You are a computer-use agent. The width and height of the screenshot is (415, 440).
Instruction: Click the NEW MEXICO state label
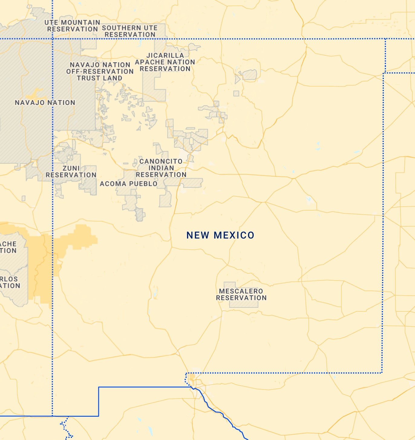(x=220, y=235)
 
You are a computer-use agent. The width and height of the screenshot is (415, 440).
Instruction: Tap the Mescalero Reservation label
(x=241, y=294)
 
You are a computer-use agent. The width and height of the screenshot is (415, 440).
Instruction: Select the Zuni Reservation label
(x=71, y=172)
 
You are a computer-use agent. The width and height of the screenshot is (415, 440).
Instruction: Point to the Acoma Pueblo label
(x=129, y=184)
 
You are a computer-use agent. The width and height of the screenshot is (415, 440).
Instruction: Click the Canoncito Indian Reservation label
(x=161, y=168)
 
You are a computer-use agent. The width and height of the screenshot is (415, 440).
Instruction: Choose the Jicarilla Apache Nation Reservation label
(x=165, y=62)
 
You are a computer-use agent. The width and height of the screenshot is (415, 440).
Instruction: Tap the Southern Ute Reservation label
(x=130, y=31)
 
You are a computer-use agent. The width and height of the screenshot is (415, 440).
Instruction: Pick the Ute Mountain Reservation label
(x=72, y=26)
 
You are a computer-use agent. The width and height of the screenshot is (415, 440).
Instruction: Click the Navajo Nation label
(x=45, y=103)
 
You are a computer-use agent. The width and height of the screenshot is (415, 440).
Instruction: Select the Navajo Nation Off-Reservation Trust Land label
(x=100, y=71)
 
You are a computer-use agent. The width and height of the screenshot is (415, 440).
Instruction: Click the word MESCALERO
(x=241, y=291)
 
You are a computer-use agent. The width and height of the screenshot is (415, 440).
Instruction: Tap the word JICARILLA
(x=165, y=55)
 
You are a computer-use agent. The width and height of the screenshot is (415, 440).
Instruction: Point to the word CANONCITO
(x=161, y=161)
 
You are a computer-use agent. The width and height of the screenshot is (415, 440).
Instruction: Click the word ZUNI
(x=71, y=168)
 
